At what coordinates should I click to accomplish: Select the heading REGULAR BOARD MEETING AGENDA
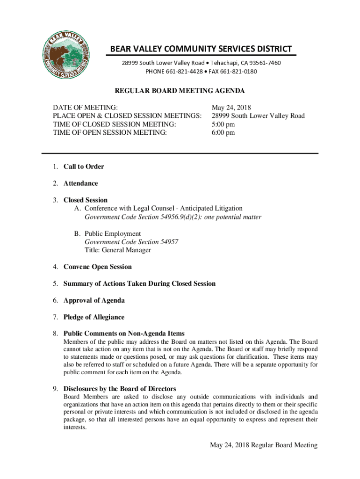(180, 91)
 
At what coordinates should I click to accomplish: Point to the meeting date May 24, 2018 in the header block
(231, 108)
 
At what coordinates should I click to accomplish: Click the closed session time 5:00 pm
(223, 124)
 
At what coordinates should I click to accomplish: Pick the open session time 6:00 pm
(223, 133)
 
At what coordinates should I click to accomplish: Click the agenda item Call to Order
(84, 167)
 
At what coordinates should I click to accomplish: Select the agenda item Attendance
(81, 183)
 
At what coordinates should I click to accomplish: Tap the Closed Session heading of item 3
(86, 200)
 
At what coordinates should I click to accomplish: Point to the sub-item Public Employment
(113, 233)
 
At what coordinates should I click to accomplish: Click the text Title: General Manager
(118, 250)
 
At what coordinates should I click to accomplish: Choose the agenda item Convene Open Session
(98, 267)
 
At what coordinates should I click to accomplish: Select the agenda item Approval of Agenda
(94, 300)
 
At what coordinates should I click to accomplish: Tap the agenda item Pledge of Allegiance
(94, 317)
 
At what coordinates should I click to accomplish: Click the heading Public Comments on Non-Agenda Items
(124, 334)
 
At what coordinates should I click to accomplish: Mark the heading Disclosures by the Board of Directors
(120, 389)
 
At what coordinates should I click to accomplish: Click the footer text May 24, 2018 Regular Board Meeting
(264, 445)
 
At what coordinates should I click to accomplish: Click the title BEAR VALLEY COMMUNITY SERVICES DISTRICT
(201, 49)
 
